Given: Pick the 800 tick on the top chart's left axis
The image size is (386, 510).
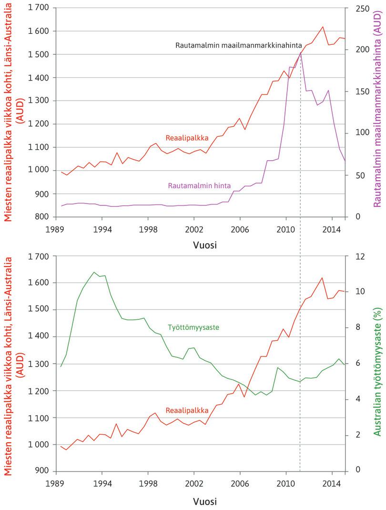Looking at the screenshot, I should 41,217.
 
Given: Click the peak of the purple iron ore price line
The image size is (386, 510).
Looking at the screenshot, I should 300,52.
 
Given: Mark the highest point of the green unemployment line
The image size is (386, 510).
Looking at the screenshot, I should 93,272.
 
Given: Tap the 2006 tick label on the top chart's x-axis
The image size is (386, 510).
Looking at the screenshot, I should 240,229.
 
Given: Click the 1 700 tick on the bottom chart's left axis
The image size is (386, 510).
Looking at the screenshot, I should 37,256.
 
